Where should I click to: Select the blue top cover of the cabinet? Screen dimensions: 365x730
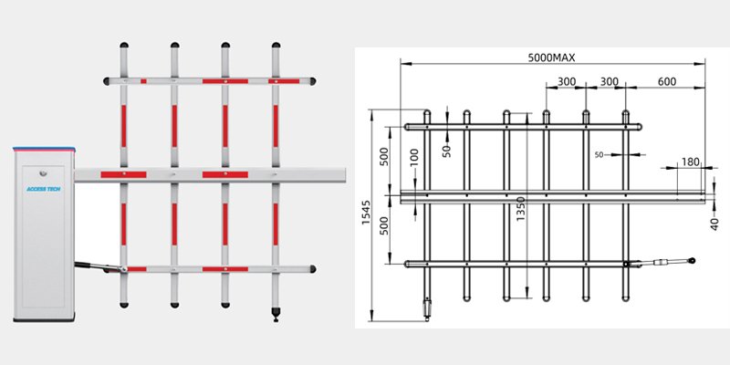[x=43, y=148]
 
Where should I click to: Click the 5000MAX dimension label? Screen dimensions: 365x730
[x=551, y=57]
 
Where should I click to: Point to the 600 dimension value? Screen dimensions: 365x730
[x=666, y=82]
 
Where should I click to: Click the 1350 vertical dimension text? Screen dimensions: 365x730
[x=520, y=205]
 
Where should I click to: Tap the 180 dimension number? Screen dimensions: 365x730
[x=689, y=162]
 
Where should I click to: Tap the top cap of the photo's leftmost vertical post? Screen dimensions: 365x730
[x=123, y=46]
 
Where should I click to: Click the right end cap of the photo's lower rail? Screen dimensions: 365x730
[x=313, y=268]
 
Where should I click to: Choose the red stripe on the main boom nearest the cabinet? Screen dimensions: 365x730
[x=122, y=174]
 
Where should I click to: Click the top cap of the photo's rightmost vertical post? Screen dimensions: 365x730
[x=276, y=46]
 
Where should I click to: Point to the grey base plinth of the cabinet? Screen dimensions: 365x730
[x=43, y=319]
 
